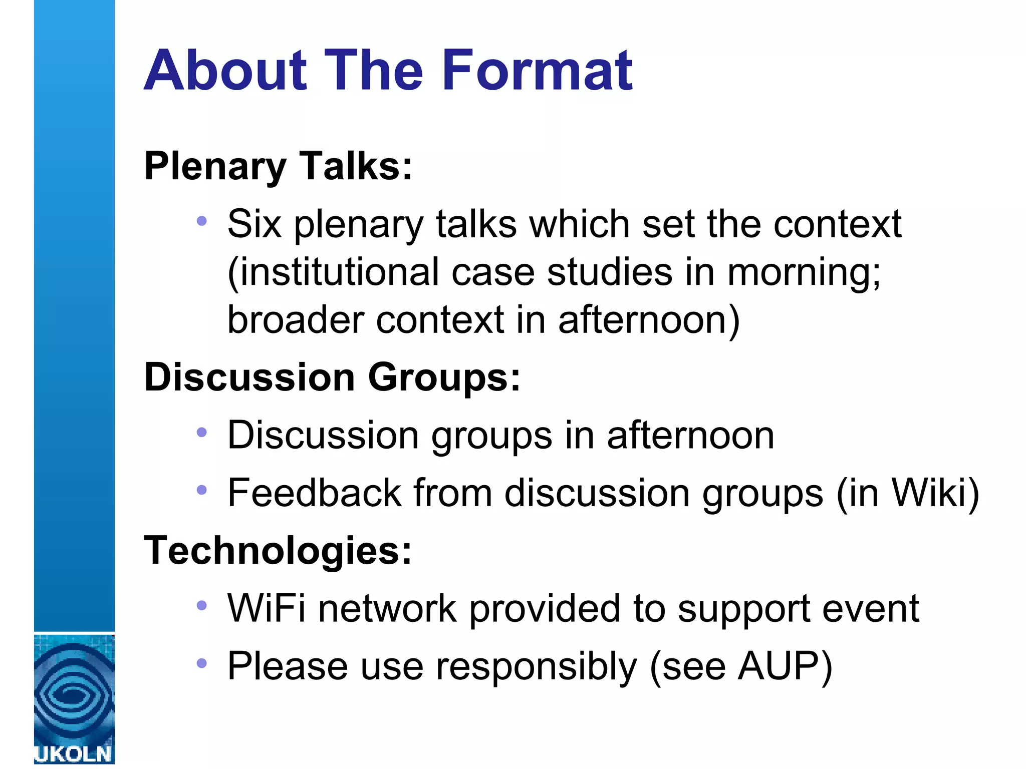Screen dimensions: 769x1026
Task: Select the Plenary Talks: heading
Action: [278, 166]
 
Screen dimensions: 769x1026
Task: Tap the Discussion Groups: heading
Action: [332, 377]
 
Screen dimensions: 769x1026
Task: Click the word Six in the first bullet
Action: [254, 224]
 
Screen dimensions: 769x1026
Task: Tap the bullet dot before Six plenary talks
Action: [201, 221]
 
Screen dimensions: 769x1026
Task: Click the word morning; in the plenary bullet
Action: [804, 272]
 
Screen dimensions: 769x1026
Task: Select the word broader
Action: [296, 319]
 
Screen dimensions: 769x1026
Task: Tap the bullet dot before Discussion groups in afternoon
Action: [201, 432]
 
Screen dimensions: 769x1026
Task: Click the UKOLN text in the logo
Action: [74, 754]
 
